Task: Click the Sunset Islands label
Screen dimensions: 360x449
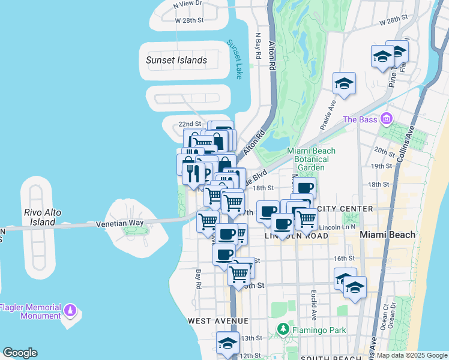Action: pyautogui.click(x=176, y=60)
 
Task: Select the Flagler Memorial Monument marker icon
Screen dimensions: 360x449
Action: pyautogui.click(x=71, y=311)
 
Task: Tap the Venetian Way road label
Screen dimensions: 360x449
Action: pyautogui.click(x=120, y=223)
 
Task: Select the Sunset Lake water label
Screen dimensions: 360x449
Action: pyautogui.click(x=234, y=59)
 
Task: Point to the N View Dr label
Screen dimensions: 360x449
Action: pyautogui.click(x=187, y=4)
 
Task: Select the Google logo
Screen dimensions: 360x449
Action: pyautogui.click(x=20, y=353)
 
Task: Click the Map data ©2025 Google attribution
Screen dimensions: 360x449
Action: pyautogui.click(x=411, y=355)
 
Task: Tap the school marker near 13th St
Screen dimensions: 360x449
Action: pyautogui.click(x=228, y=343)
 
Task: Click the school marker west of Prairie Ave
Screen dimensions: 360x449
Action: pyautogui.click(x=344, y=83)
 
